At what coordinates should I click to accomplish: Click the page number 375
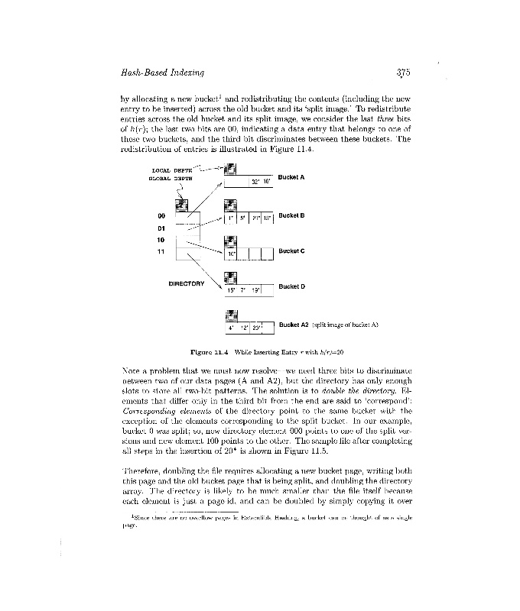pos(405,73)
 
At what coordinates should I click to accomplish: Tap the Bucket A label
pos(291,177)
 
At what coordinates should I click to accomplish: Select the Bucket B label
pos(291,215)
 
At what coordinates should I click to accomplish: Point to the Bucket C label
pos(291,251)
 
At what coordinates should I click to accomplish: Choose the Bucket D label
pos(291,286)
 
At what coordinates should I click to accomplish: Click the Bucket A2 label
pos(294,325)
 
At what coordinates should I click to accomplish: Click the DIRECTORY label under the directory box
pos(187,283)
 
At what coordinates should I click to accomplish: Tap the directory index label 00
pos(161,216)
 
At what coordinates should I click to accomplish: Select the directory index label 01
pos(161,228)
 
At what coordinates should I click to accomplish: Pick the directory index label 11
pos(161,251)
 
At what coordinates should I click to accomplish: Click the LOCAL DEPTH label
pos(171,170)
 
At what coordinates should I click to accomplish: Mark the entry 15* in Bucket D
pos(231,290)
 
